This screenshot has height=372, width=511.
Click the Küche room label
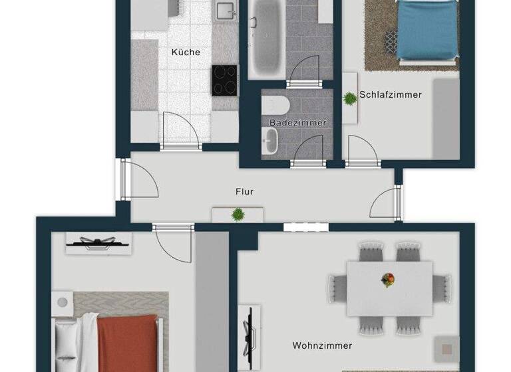pos(186,52)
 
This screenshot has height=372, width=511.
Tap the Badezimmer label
pos(298,123)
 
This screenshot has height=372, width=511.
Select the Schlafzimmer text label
pos(391,95)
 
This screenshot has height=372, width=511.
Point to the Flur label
pos(244,192)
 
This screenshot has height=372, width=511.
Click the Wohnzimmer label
pos(322,345)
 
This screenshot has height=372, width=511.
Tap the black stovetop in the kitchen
pos(225,80)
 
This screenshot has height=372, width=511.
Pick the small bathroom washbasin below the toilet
pos(271,141)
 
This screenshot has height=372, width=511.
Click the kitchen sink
pos(226,11)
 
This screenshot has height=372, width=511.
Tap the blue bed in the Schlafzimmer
pos(426,30)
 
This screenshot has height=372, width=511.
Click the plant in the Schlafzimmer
pos(349,98)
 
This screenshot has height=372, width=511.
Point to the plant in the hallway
pos(238,214)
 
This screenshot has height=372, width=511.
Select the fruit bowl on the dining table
pos(388,279)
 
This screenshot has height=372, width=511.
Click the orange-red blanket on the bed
pos(127,343)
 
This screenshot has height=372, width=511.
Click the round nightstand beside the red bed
pos(63,302)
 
